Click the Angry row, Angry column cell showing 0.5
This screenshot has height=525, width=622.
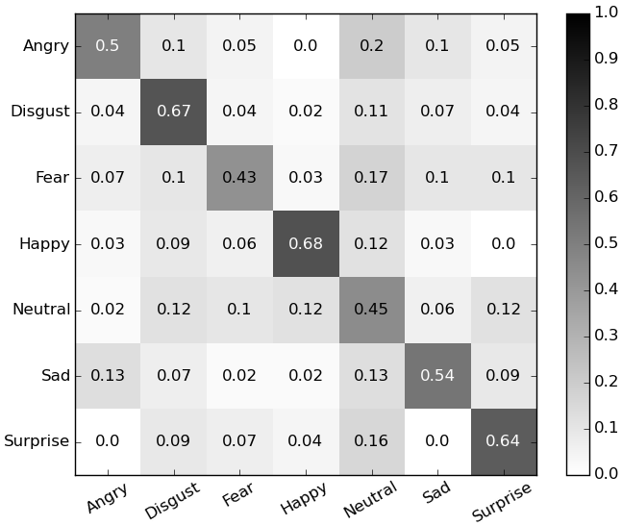(108, 46)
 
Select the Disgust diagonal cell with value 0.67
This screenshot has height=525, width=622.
(173, 112)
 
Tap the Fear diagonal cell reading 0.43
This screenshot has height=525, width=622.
(239, 178)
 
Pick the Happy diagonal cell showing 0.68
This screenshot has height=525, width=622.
(305, 243)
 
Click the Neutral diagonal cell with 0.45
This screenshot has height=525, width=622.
(370, 310)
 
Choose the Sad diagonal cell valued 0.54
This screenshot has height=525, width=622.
(436, 375)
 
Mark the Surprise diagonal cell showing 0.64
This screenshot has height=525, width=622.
(502, 441)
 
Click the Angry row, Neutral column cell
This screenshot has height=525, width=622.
(370, 46)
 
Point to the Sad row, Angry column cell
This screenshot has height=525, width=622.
(108, 375)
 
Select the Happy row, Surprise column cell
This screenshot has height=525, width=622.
(502, 243)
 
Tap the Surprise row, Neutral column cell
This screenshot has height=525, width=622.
(370, 441)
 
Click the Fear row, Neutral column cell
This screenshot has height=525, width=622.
(370, 178)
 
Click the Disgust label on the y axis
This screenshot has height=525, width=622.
(39, 112)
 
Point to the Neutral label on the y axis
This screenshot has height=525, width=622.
(41, 310)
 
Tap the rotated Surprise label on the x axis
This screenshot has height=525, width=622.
(502, 501)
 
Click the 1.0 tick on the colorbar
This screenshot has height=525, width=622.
(605, 13)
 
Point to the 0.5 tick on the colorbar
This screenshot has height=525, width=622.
(605, 243)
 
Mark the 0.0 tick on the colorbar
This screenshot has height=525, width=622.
(605, 473)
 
